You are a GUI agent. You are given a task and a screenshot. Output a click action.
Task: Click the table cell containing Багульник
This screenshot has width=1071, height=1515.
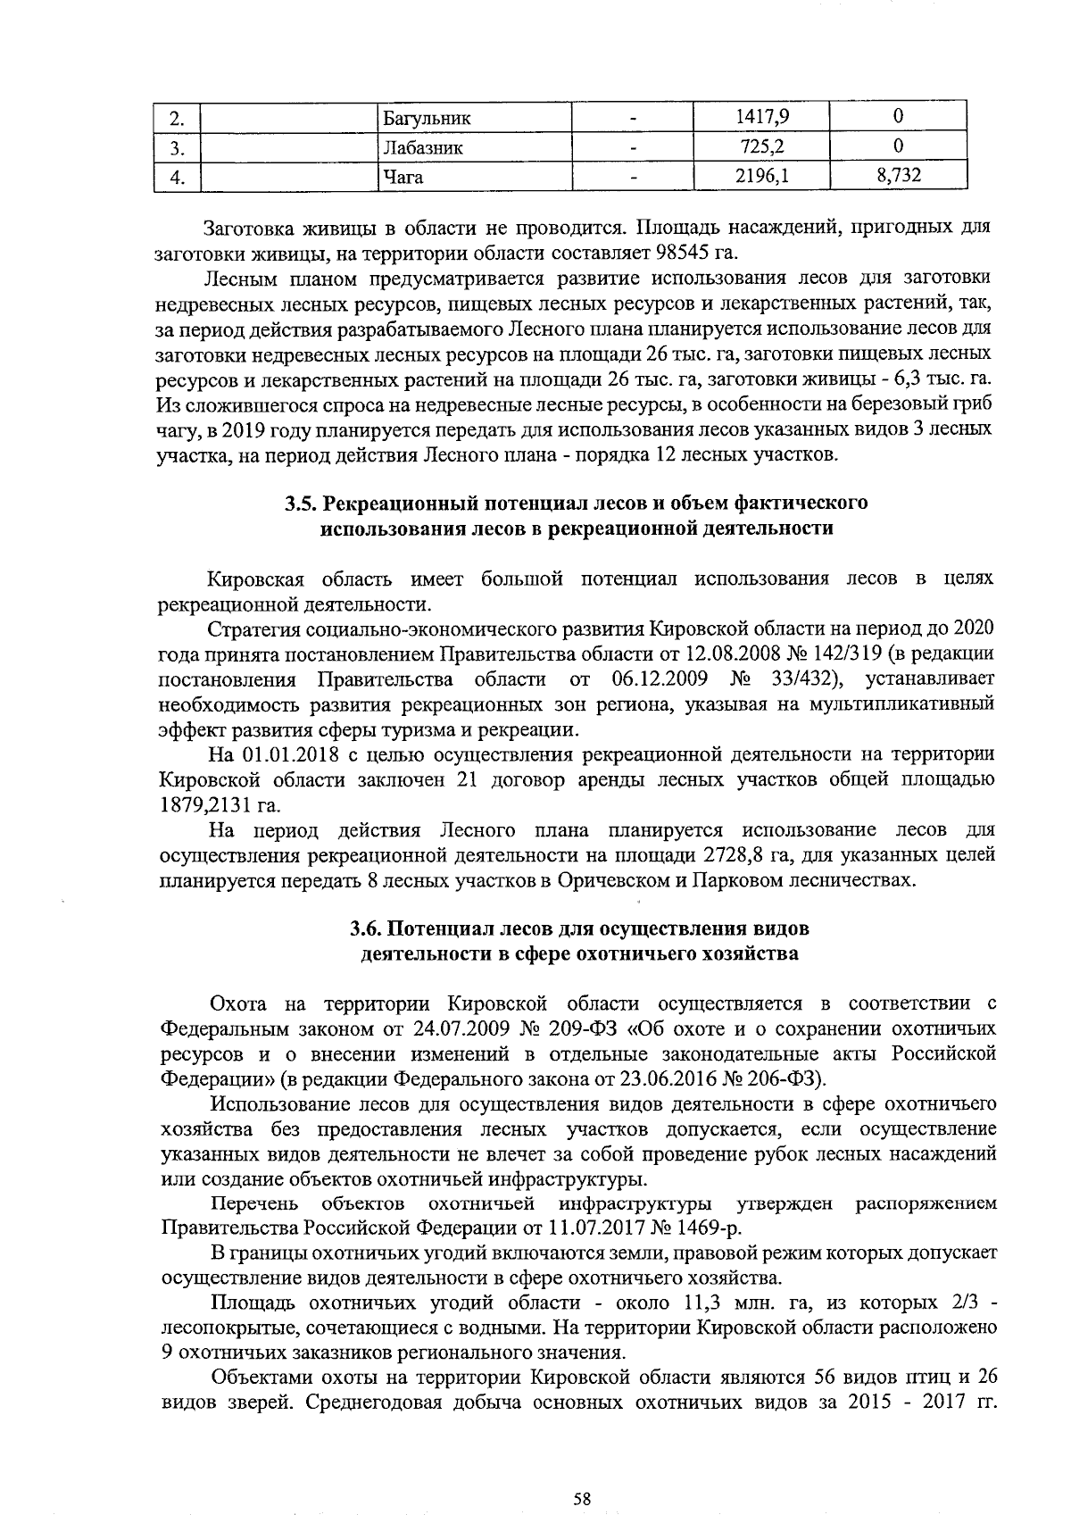pyautogui.click(x=426, y=118)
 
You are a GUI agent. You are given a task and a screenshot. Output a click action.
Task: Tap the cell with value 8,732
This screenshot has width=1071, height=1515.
pyautogui.click(x=898, y=176)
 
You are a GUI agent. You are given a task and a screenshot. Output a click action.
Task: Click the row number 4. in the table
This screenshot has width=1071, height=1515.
pyautogui.click(x=177, y=178)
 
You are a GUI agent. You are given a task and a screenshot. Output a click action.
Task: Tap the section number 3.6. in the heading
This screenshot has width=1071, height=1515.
pyautogui.click(x=369, y=928)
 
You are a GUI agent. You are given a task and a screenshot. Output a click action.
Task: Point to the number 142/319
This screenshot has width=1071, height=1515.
pyautogui.click(x=911, y=654)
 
